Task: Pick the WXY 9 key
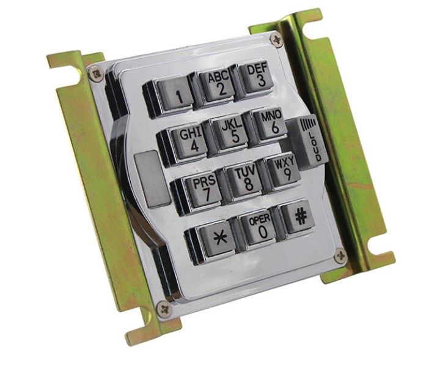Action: click(x=284, y=171)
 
